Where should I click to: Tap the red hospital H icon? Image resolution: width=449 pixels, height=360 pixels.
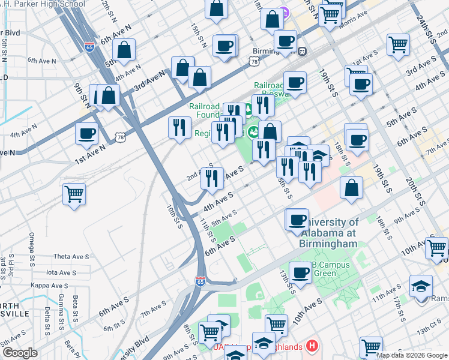tap(312, 346)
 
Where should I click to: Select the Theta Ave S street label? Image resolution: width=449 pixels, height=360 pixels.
tap(71, 256)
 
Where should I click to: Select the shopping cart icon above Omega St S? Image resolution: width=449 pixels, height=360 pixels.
tap(74, 194)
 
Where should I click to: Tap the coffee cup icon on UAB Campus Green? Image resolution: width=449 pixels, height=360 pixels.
tap(300, 272)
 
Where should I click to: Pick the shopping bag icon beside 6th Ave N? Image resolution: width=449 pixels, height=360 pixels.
tap(124, 51)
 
